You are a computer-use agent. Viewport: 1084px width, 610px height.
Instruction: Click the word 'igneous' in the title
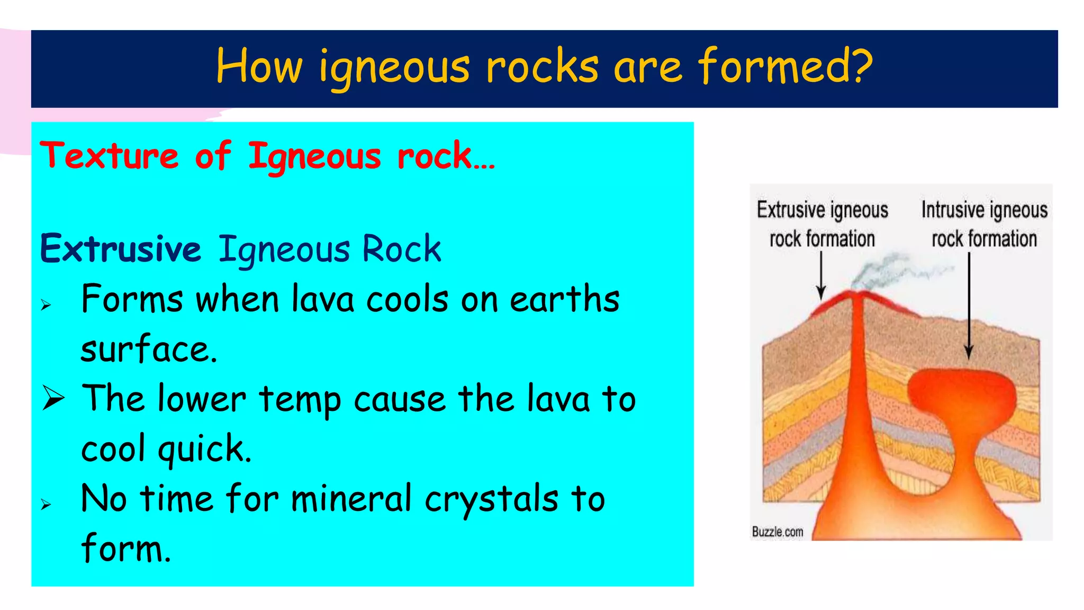tap(394, 68)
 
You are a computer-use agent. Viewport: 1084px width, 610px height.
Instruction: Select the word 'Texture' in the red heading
tap(110, 156)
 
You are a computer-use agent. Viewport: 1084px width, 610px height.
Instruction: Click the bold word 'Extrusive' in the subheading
tap(121, 248)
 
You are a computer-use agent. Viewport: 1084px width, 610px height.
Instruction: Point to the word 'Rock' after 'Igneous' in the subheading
tap(401, 248)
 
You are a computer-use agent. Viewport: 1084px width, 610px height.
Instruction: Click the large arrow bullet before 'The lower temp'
tap(53, 399)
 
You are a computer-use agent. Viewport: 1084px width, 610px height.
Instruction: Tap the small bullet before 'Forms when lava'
tap(46, 305)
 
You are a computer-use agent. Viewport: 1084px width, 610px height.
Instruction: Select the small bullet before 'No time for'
tap(46, 504)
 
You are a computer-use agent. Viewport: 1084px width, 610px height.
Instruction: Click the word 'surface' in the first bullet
tap(148, 349)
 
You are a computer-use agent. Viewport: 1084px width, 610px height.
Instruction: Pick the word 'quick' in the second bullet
tap(204, 449)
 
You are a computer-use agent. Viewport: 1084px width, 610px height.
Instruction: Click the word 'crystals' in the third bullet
tap(491, 499)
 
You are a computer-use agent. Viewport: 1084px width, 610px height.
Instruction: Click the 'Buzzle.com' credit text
tap(778, 532)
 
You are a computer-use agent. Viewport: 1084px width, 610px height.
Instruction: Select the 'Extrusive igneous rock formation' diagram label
tap(822, 224)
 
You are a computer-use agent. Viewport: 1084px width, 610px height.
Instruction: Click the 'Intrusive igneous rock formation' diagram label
tap(984, 224)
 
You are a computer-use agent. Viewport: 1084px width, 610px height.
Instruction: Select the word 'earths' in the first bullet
tap(564, 299)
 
